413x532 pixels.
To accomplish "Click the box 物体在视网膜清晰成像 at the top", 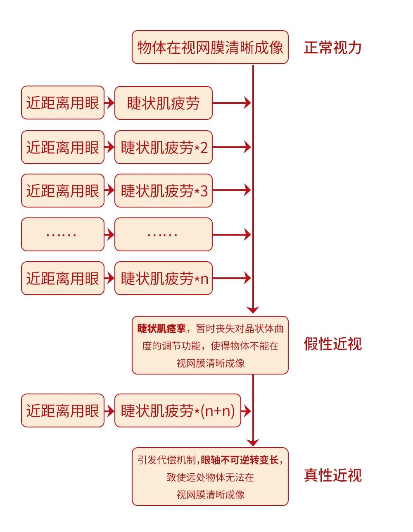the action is [x=210, y=47].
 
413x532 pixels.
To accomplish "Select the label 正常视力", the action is [x=332, y=48].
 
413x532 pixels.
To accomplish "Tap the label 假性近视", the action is [x=332, y=344].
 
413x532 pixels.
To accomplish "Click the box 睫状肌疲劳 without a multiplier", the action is [x=164, y=103].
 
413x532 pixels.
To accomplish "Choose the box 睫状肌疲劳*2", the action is [x=164, y=147].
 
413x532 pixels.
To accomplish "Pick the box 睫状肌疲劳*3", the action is [x=164, y=191].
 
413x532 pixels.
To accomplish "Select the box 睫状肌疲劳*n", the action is [x=164, y=278].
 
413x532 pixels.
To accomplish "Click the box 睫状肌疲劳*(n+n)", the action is [x=178, y=410].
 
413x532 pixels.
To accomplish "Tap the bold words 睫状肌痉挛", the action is [x=161, y=329].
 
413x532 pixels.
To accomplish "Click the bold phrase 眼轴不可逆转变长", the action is [x=240, y=460].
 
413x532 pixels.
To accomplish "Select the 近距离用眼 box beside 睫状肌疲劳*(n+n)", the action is [x=63, y=410].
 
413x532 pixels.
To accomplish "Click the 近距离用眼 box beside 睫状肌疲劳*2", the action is [x=63, y=147].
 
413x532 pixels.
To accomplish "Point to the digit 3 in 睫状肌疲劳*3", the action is [x=204, y=191].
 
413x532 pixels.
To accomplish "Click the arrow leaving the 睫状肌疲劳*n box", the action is [x=232, y=278].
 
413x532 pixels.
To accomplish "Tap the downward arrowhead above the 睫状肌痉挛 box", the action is [x=253, y=310].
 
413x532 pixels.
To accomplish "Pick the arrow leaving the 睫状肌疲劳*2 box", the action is [x=232, y=147].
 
